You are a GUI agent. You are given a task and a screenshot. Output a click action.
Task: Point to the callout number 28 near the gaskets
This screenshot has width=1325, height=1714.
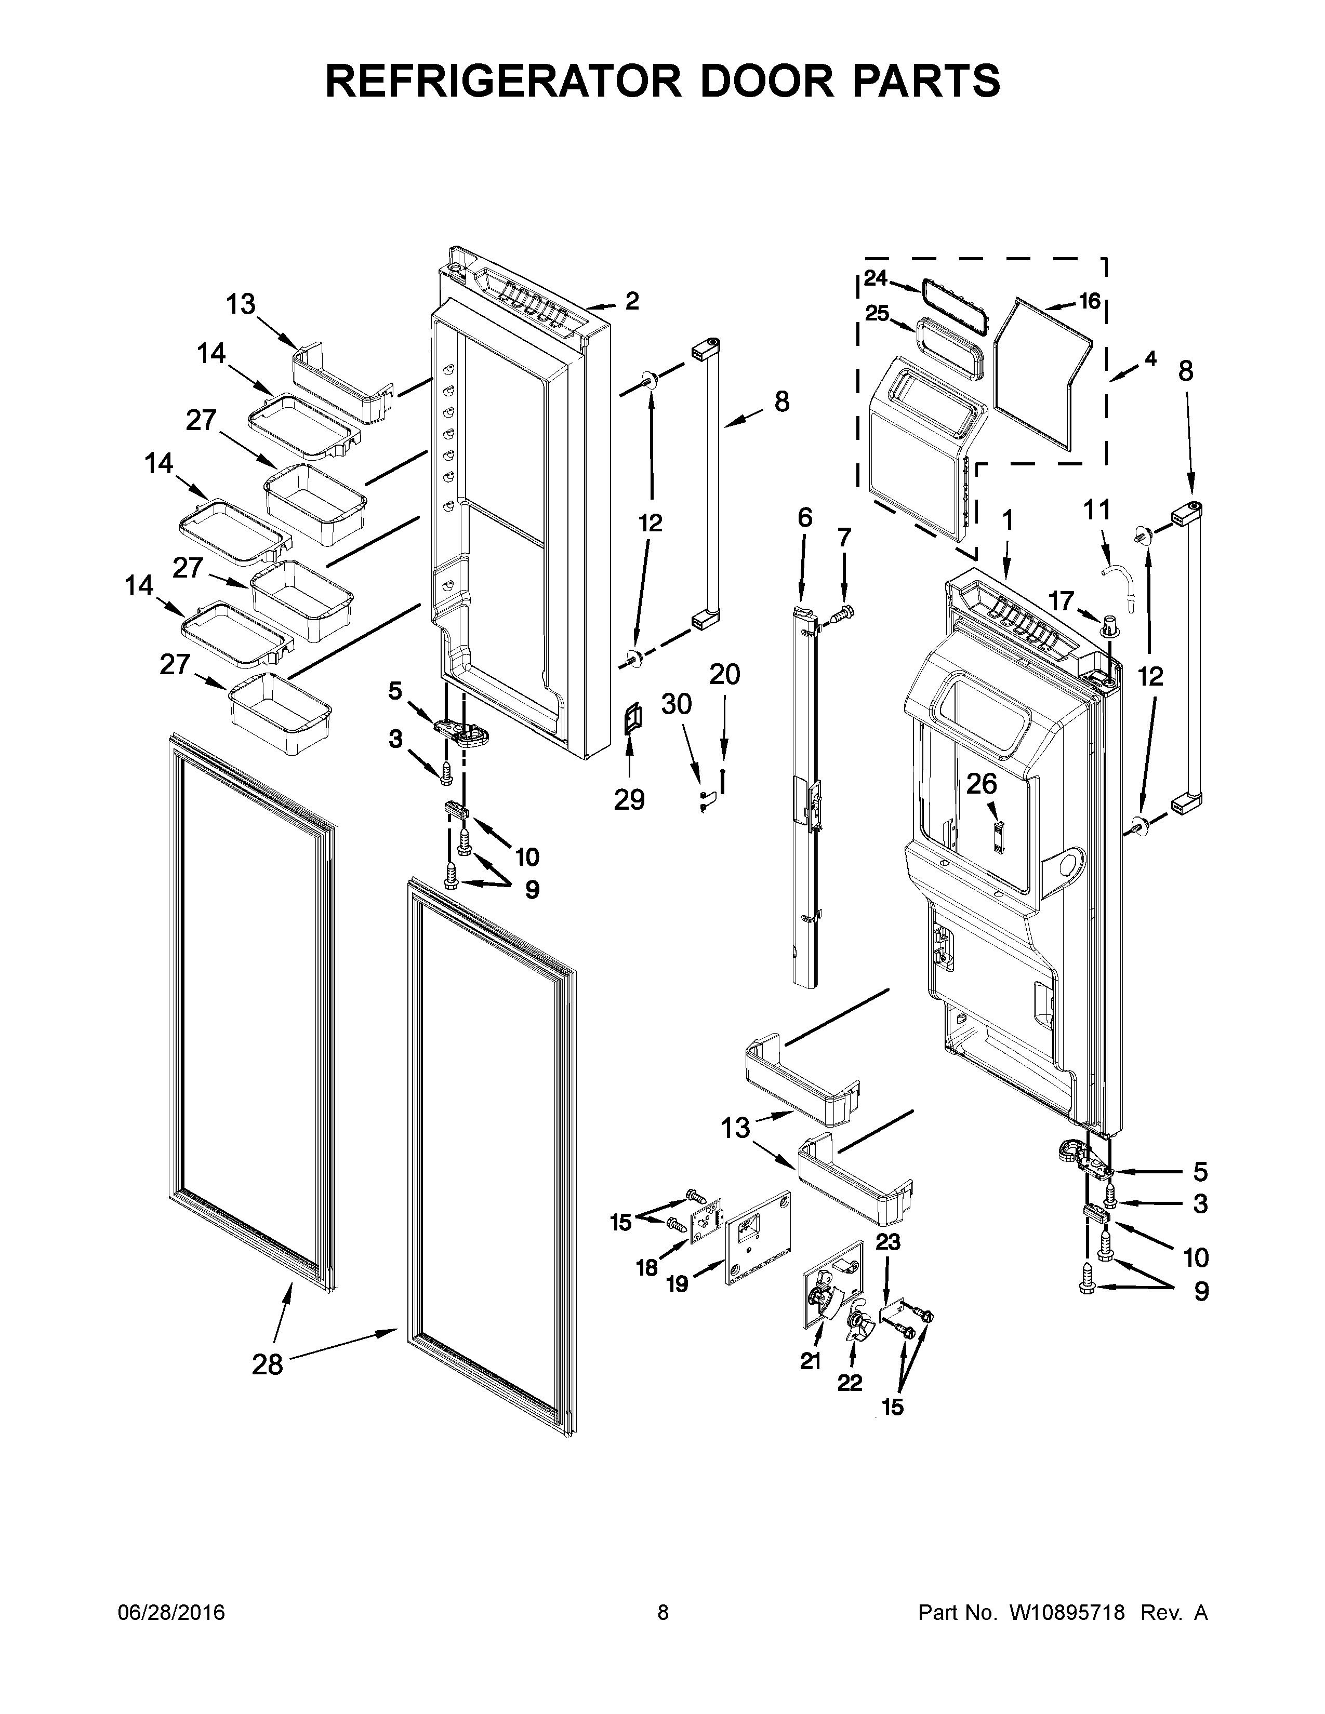(x=267, y=1365)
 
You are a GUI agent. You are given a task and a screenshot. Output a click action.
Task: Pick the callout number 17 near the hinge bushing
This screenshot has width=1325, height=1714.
(x=1061, y=601)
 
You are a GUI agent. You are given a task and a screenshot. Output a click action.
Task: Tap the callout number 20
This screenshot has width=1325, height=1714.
(x=724, y=674)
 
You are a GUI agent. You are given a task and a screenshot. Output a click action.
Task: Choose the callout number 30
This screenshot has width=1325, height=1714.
(x=676, y=704)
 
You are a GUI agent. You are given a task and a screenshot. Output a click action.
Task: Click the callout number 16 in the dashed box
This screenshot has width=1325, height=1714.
(x=1090, y=301)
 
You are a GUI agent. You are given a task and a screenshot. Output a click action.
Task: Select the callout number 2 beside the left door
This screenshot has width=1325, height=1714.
(x=632, y=301)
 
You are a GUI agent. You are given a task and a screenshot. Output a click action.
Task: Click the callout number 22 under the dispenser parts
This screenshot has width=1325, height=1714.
(x=850, y=1382)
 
